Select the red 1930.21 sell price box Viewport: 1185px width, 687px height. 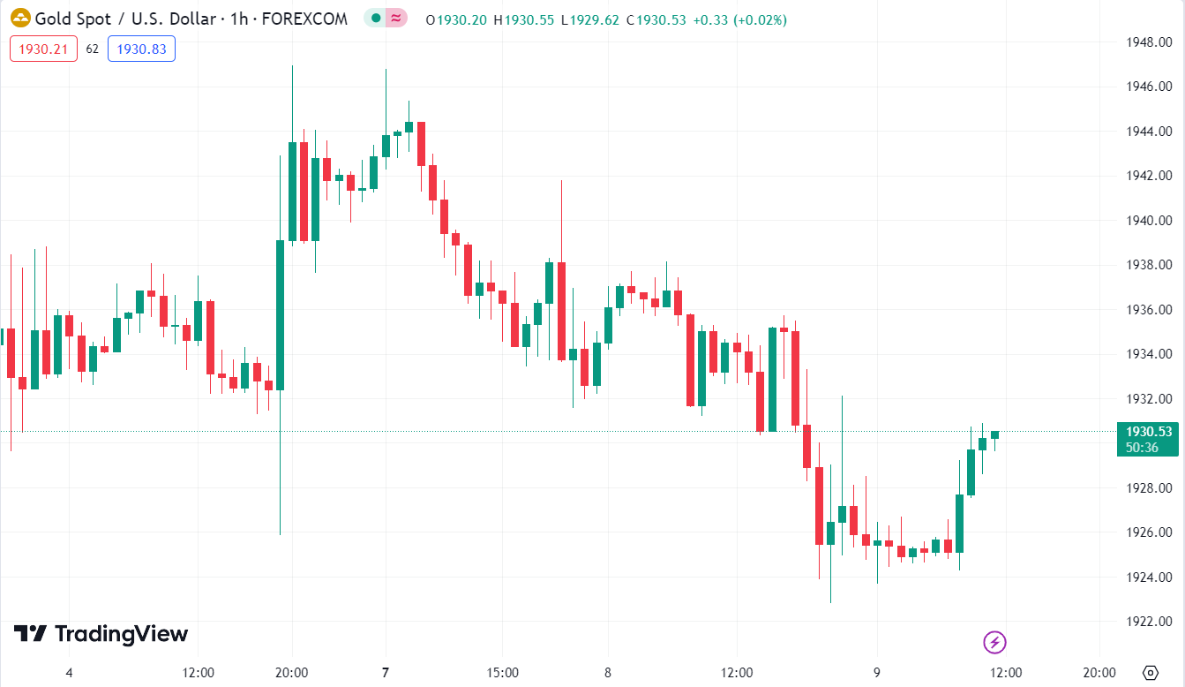tap(43, 49)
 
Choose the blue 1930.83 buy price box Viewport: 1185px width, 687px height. tap(141, 49)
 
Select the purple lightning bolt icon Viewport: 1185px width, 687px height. tap(994, 642)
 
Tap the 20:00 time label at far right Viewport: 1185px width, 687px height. tap(1099, 673)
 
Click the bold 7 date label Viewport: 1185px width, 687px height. tap(385, 673)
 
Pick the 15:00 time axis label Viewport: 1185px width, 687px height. tap(502, 673)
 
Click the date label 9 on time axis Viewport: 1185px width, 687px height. tap(877, 673)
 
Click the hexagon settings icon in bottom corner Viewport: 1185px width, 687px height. tap(1149, 673)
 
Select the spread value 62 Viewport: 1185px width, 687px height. tap(93, 49)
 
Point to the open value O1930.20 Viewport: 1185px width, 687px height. tap(456, 19)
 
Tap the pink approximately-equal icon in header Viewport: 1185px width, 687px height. tap(396, 19)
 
